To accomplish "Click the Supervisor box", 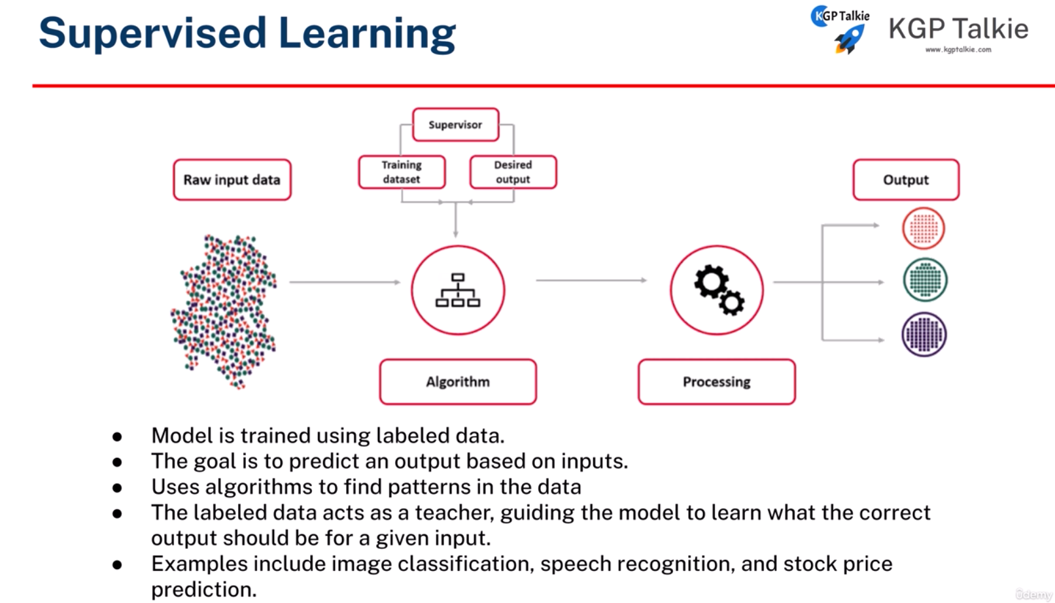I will [x=455, y=124].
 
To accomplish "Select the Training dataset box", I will [x=402, y=172].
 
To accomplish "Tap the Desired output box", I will [x=513, y=172].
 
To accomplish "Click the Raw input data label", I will [x=232, y=180].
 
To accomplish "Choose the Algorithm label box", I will [x=458, y=382].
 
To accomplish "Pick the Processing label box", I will [x=716, y=382].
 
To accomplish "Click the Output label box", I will [x=905, y=180].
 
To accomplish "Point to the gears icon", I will [x=718, y=290].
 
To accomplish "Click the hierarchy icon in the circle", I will [x=458, y=290].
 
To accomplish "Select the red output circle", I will [x=923, y=228].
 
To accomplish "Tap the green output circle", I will [x=924, y=280].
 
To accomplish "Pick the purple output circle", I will [x=924, y=334].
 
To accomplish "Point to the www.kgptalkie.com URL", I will [x=958, y=50].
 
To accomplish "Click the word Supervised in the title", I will [x=152, y=33].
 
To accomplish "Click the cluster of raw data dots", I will [x=224, y=310].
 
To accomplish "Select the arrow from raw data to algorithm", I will [x=344, y=282].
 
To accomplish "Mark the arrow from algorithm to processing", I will [x=591, y=280].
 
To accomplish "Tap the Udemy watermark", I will [x=1033, y=594].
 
